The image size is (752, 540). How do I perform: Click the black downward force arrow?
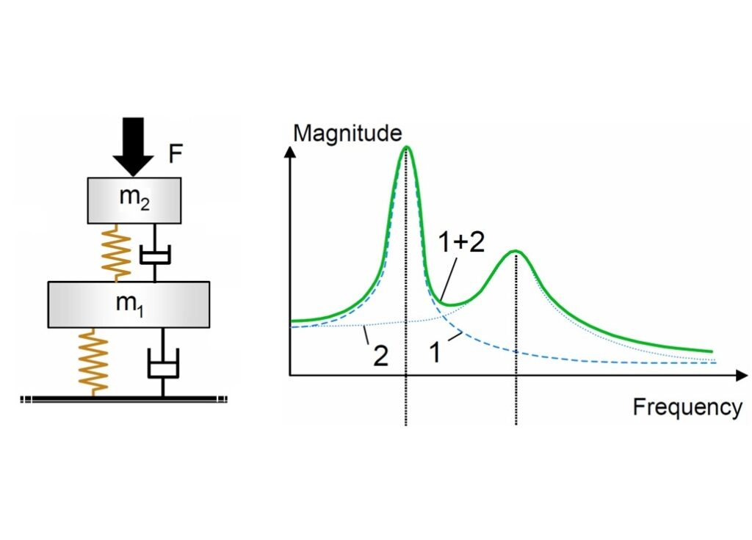(x=134, y=146)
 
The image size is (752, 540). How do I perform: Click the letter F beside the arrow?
(x=176, y=154)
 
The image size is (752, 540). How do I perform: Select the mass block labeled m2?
(x=134, y=200)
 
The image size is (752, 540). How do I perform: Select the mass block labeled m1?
(x=129, y=304)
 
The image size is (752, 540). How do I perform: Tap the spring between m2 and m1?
(x=116, y=252)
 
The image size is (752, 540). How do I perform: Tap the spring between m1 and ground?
(x=93, y=362)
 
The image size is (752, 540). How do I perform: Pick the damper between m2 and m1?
(x=154, y=252)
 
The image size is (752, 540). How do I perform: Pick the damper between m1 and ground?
(x=163, y=362)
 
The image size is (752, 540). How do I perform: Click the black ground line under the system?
(x=123, y=398)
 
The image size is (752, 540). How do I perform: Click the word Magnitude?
(x=347, y=134)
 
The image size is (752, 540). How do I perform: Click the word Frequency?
(x=687, y=406)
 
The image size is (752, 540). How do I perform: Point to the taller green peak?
(x=407, y=147)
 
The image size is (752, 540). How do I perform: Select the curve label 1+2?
(x=461, y=242)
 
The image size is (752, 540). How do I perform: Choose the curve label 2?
(x=380, y=357)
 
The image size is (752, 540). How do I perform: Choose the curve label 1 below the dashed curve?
(x=435, y=353)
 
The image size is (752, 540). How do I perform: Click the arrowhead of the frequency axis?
(x=742, y=375)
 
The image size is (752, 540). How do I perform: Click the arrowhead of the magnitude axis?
(x=289, y=150)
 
